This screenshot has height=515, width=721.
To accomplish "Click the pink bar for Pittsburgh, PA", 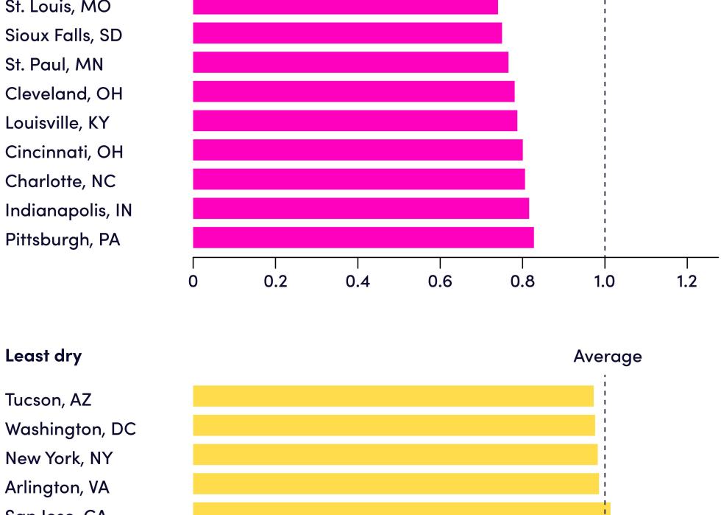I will click(363, 238).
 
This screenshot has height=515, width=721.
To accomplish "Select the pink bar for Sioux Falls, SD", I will click(347, 33).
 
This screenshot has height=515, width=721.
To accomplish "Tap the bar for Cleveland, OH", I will click(353, 91).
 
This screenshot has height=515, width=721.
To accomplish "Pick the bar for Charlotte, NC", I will click(358, 179).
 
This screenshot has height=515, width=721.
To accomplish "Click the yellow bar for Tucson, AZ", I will click(393, 396).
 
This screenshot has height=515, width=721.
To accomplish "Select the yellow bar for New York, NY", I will click(395, 455).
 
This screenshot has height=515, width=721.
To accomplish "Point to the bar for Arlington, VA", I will click(396, 483).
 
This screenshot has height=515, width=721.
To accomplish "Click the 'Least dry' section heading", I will click(43, 356).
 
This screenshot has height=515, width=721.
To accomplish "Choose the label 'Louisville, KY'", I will click(57, 122).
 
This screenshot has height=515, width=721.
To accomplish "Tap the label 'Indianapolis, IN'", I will click(68, 210).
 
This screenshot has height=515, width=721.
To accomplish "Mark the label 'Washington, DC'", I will click(70, 429).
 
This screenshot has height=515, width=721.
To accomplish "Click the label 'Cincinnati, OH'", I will click(64, 152).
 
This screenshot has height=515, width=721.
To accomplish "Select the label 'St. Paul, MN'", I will click(54, 64).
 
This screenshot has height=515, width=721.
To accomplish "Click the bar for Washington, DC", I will click(394, 425).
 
